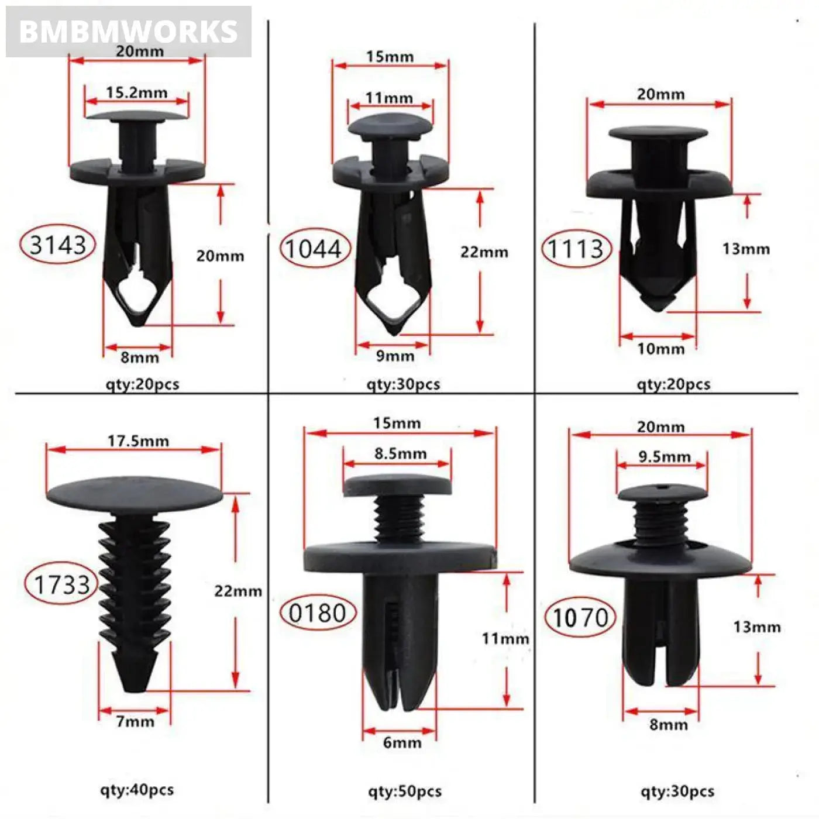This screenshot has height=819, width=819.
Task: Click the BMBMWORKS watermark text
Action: [128, 32]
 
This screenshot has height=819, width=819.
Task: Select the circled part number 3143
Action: [57, 245]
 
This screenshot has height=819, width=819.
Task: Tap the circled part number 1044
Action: [314, 249]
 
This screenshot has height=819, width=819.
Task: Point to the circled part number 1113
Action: [575, 249]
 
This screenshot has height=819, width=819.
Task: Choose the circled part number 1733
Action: [61, 584]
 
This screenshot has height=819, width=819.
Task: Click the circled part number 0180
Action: [318, 613]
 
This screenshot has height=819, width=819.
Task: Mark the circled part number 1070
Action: [580, 618]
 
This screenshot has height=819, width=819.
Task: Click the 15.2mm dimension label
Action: [136, 92]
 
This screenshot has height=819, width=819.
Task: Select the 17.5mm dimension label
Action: [138, 441]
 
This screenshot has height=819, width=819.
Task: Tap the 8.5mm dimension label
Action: [400, 453]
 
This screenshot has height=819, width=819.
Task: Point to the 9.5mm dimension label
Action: [665, 456]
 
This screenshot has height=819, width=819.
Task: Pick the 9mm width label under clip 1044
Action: [395, 356]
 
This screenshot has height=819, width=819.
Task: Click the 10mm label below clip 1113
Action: [660, 349]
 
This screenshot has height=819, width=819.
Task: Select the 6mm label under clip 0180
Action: [402, 742]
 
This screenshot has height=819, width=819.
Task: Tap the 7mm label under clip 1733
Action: [135, 721]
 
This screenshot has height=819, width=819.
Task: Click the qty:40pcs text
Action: [137, 790]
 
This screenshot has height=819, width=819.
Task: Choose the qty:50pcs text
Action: [404, 792]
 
